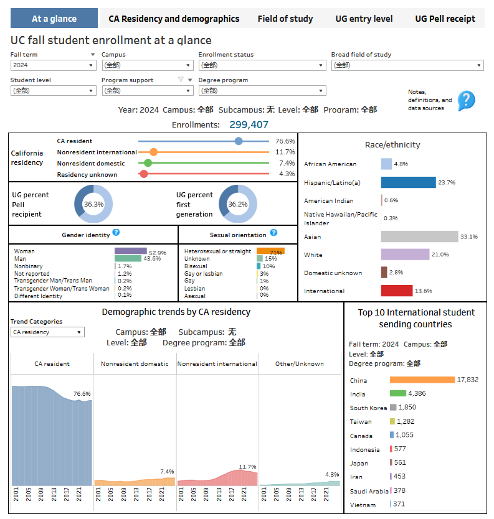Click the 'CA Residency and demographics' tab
pyautogui.click(x=174, y=19)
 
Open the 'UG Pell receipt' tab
pyautogui.click(x=445, y=19)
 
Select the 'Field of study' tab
pyautogui.click(x=285, y=19)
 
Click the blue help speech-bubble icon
pyautogui.click(x=466, y=100)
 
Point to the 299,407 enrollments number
pyautogui.click(x=249, y=124)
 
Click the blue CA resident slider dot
pyautogui.click(x=239, y=141)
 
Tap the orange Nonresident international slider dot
pyautogui.click(x=154, y=152)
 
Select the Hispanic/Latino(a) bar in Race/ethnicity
pyautogui.click(x=408, y=182)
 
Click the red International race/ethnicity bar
pyautogui.click(x=397, y=291)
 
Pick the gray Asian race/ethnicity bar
pyautogui.click(x=419, y=236)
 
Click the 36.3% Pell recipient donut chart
pyautogui.click(x=93, y=204)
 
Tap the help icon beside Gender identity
pyautogui.click(x=116, y=233)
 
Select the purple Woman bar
pyautogui.click(x=130, y=251)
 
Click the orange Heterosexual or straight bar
pyautogui.click(x=270, y=251)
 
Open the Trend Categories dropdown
pyautogui.click(x=47, y=332)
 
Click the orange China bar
pyautogui.click(x=422, y=380)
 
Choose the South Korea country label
pyautogui.click(x=368, y=408)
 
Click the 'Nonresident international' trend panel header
pyautogui.click(x=217, y=363)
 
